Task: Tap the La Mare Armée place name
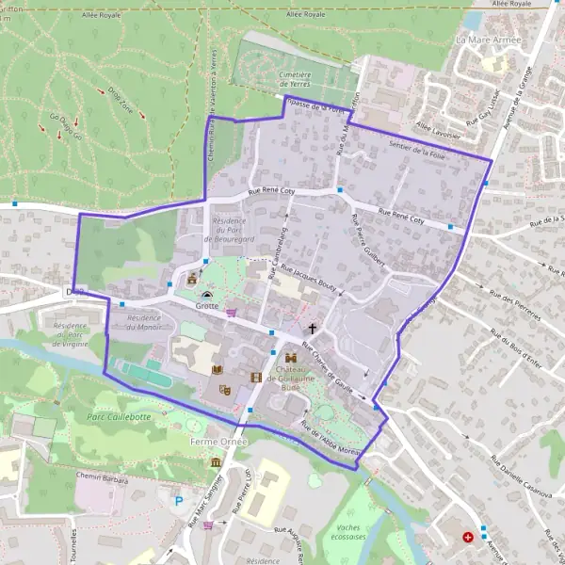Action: (x=488, y=40)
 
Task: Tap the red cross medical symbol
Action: (x=469, y=537)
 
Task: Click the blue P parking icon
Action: (x=179, y=501)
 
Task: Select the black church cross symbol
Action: (x=313, y=329)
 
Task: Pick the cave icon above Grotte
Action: (x=207, y=294)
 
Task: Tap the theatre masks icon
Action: (x=224, y=389)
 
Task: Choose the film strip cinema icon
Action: (x=255, y=378)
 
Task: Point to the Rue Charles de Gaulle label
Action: (x=333, y=369)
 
